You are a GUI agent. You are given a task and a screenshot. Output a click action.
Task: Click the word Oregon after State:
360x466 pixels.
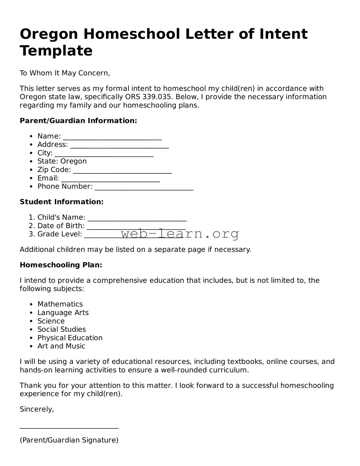click(x=74, y=161)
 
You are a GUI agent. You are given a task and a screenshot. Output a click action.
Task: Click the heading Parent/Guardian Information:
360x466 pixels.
click(x=78, y=121)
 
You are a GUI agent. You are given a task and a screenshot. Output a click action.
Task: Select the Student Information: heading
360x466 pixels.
click(x=62, y=202)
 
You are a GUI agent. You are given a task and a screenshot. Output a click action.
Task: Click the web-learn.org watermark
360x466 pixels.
click(x=180, y=233)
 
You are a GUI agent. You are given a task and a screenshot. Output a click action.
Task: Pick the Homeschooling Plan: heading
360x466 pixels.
click(x=61, y=265)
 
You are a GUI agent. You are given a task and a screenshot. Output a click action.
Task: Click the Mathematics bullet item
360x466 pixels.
click(x=60, y=304)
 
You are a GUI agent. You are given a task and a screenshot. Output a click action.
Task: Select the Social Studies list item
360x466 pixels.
click(x=62, y=329)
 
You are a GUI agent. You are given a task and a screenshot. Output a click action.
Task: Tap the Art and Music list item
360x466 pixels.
click(x=61, y=346)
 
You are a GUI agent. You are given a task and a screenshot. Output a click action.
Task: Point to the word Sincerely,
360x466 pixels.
click(x=37, y=409)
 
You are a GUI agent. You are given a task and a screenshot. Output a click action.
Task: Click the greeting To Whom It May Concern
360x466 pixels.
click(x=65, y=73)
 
